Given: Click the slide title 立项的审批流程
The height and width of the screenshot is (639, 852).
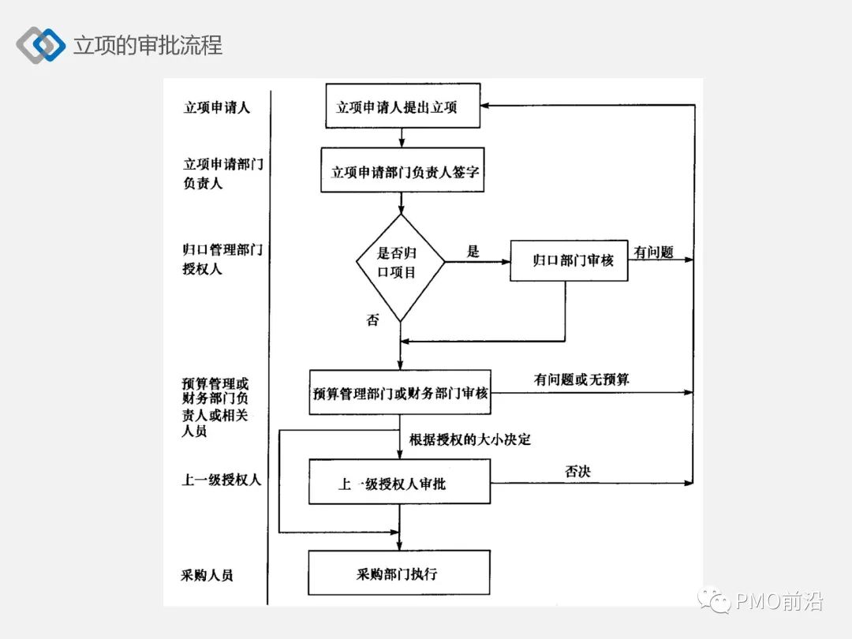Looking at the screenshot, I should (148, 45).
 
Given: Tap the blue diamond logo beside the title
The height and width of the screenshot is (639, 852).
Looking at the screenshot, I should (41, 45).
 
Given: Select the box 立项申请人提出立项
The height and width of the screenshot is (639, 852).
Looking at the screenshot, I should (402, 106).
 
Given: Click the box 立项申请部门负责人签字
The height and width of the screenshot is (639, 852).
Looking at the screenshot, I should (402, 170).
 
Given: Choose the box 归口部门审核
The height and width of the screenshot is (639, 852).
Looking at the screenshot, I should (568, 260).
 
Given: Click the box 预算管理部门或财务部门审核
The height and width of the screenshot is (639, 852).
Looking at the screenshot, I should (400, 392).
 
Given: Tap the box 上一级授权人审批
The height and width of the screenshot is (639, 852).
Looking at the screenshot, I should (399, 482).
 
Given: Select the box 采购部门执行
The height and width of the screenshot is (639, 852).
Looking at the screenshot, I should (399, 573).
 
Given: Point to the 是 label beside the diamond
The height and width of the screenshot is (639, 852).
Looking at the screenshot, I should (473, 252).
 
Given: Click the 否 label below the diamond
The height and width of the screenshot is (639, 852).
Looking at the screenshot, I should (372, 320).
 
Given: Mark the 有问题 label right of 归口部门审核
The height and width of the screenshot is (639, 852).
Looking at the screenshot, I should (653, 252).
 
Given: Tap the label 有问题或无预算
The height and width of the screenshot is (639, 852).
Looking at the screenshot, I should (581, 380).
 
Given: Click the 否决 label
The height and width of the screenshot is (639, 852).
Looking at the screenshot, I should (577, 471).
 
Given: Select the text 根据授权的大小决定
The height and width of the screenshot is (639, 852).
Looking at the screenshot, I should (470, 439).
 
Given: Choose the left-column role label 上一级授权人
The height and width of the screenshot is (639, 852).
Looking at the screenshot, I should (222, 480).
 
